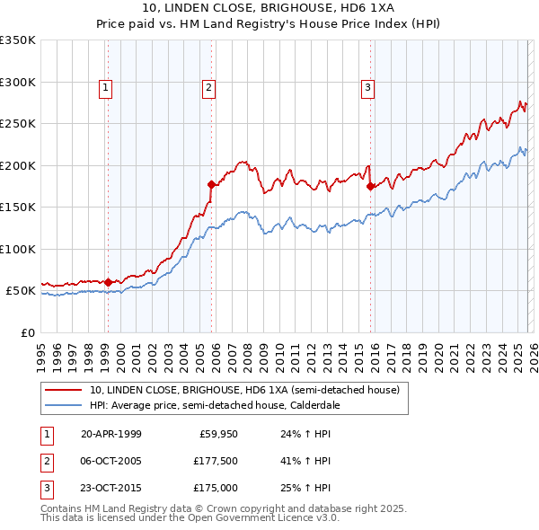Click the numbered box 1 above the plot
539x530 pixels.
click(x=106, y=87)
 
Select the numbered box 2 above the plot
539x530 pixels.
click(x=208, y=87)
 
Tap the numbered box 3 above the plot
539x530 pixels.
click(x=368, y=87)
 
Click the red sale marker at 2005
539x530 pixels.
click(x=212, y=184)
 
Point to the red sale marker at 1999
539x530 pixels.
click(x=109, y=282)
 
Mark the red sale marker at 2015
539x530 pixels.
click(x=371, y=187)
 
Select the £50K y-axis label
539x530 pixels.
click(x=22, y=291)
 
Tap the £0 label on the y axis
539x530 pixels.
click(x=27, y=332)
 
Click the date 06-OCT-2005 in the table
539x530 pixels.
click(x=111, y=461)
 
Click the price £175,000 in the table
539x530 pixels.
click(x=216, y=488)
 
